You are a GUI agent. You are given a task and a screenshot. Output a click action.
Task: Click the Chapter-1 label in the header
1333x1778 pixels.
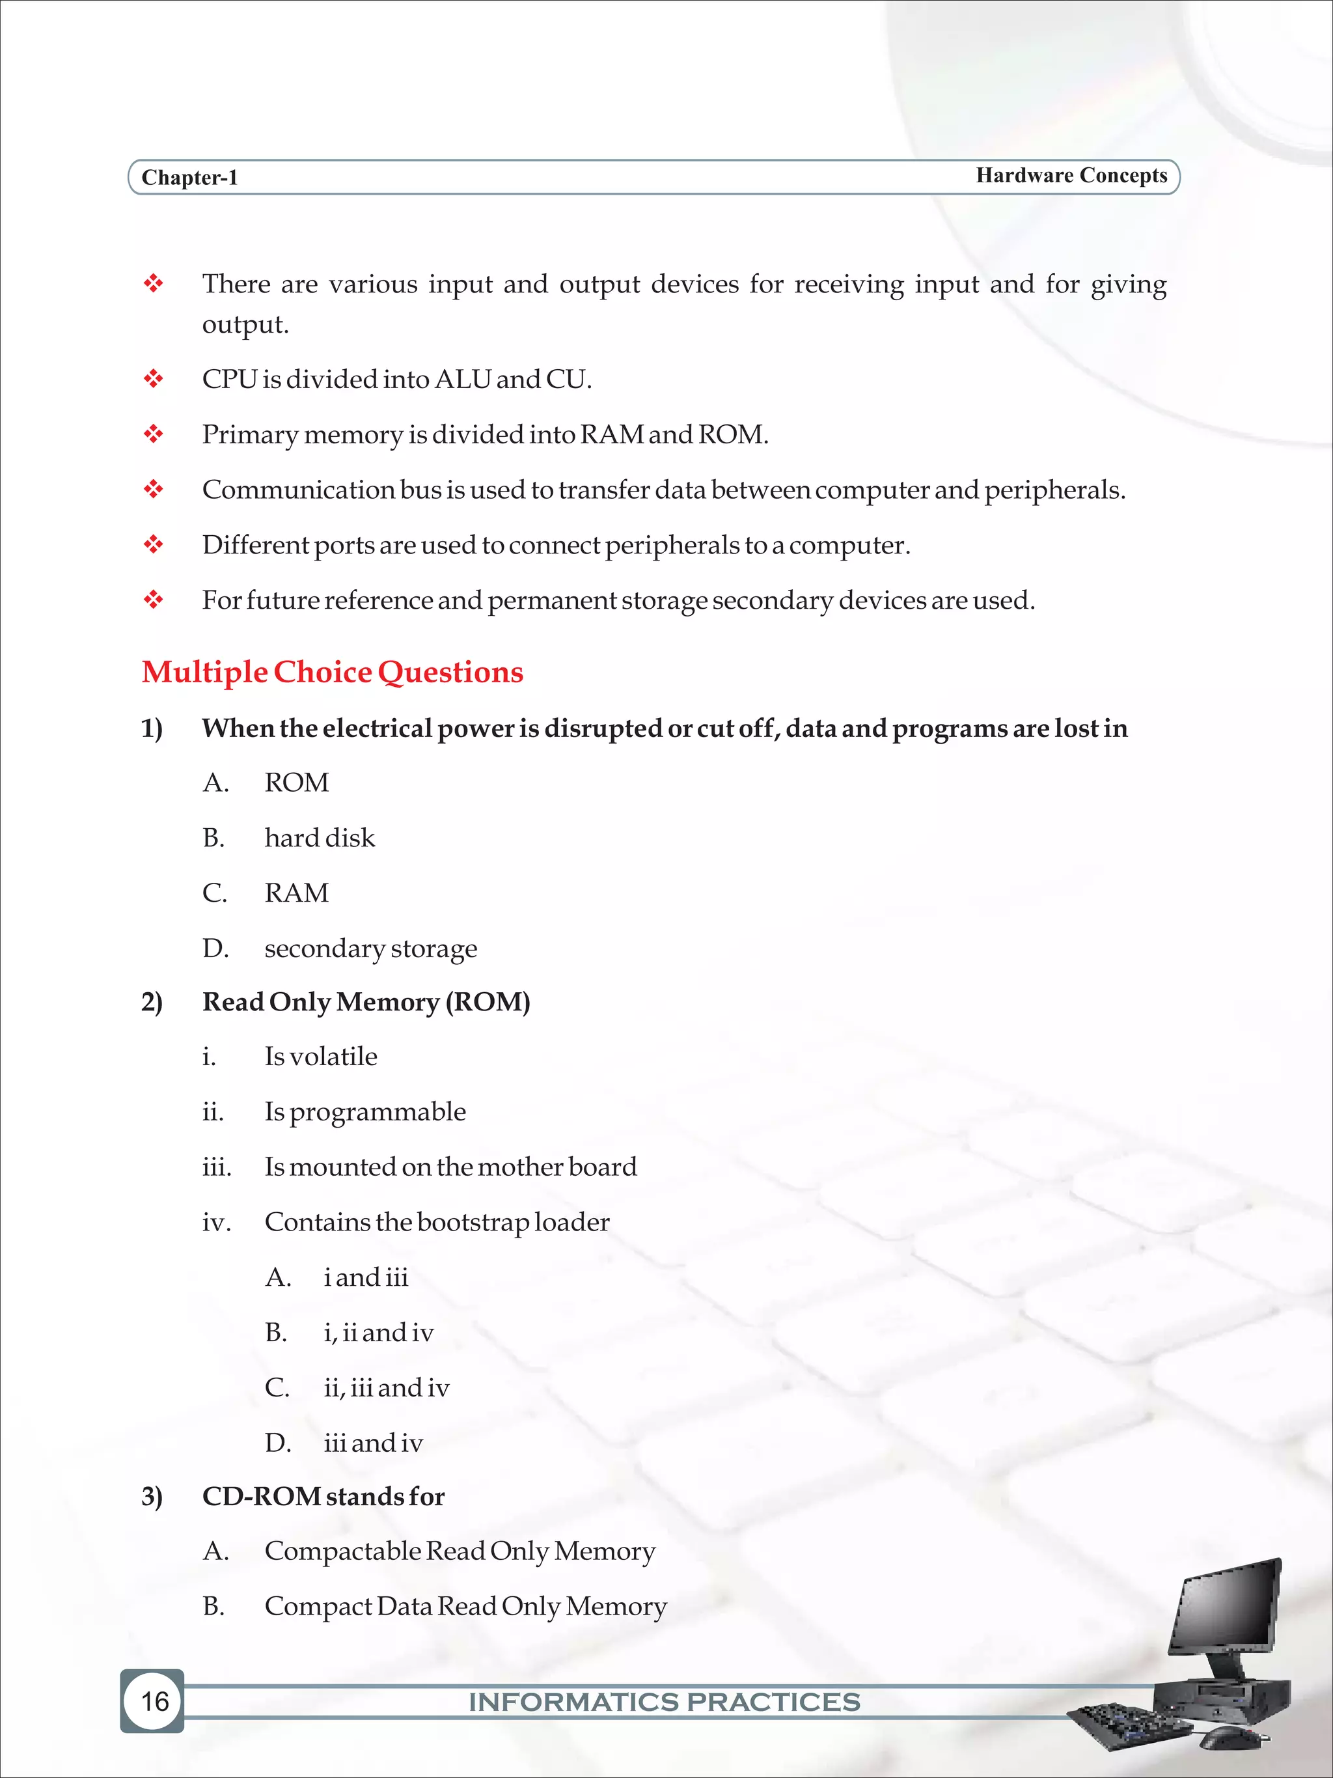(x=189, y=178)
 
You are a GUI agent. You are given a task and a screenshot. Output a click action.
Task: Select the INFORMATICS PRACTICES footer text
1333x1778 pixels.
(x=665, y=1702)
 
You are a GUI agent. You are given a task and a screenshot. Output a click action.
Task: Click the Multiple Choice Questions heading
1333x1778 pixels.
(x=332, y=672)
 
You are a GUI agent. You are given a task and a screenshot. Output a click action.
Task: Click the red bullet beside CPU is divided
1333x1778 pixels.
(x=153, y=379)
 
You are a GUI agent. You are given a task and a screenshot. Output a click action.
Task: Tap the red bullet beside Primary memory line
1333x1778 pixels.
(x=153, y=434)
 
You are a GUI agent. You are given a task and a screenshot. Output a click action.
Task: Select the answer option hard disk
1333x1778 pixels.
(x=319, y=837)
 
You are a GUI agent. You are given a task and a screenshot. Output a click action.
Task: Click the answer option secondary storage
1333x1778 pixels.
(x=370, y=949)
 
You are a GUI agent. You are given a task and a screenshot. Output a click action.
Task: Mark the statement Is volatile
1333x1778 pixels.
(x=321, y=1056)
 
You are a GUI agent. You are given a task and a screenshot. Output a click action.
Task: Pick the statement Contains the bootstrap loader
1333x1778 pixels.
(x=436, y=1222)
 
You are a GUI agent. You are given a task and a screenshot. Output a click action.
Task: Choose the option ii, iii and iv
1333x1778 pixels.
(x=386, y=1387)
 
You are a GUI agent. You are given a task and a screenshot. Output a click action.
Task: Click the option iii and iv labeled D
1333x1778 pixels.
(x=373, y=1443)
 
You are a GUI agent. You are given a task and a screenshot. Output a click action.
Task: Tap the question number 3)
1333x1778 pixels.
(x=152, y=1497)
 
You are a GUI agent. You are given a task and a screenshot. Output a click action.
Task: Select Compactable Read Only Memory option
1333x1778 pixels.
(x=460, y=1551)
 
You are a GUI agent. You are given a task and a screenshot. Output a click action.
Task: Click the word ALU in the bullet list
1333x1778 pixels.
(x=462, y=379)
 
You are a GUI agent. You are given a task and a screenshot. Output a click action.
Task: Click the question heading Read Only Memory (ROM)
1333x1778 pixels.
(x=366, y=1001)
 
